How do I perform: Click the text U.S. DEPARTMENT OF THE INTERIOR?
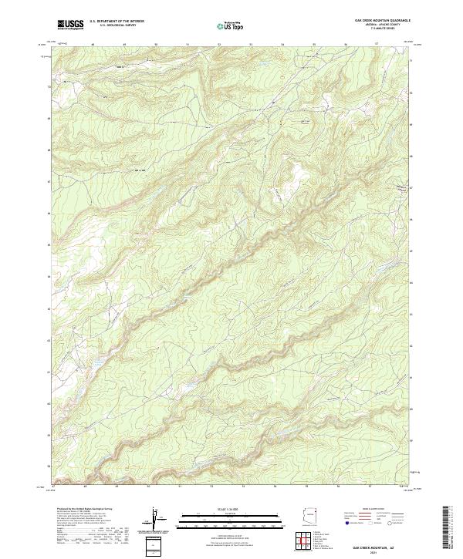[x=117, y=21]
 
